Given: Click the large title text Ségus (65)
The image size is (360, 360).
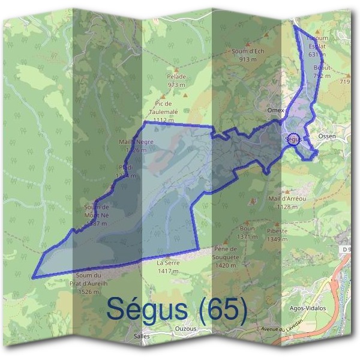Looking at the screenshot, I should (x=176, y=309).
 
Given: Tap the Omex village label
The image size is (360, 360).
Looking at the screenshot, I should (x=275, y=111).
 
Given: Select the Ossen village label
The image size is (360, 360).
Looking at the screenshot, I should (x=328, y=136).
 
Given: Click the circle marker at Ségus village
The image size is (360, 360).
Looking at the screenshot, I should (x=293, y=139).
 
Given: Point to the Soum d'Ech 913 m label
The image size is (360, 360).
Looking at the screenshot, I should (x=248, y=55).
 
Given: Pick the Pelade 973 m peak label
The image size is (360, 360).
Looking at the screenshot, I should (x=177, y=80).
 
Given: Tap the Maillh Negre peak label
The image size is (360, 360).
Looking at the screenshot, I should (x=136, y=146).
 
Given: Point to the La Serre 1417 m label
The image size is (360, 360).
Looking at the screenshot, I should (x=168, y=267).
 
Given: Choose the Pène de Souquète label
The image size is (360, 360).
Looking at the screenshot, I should (x=227, y=252).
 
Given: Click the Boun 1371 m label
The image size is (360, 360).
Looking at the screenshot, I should (x=247, y=232).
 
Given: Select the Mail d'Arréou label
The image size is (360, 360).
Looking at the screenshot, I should (x=287, y=202).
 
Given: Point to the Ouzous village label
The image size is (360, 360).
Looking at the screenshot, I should (x=185, y=328).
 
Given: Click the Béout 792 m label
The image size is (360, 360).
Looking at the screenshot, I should (x=322, y=73).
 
